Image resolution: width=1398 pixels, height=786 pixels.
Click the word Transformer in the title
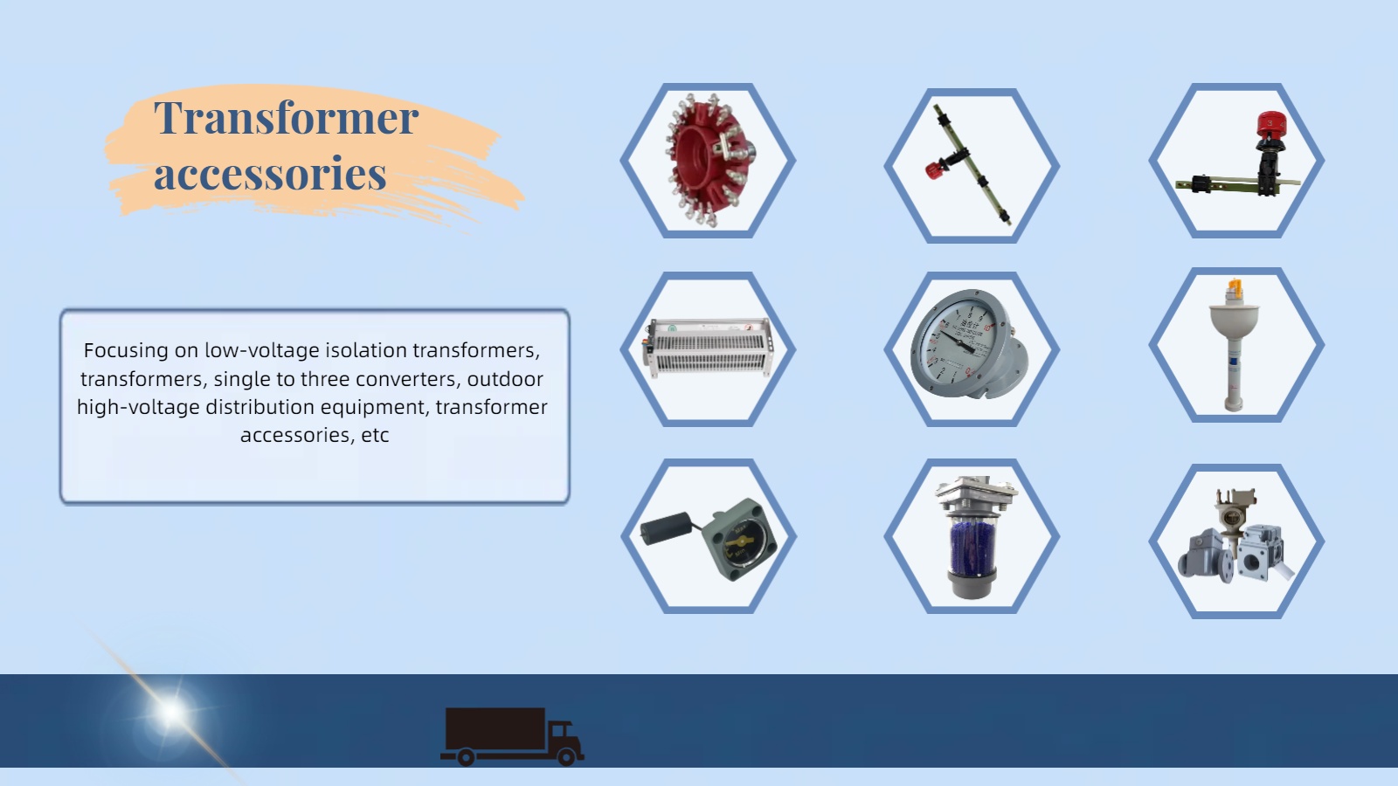(x=286, y=117)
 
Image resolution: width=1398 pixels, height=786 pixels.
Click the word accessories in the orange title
(x=270, y=172)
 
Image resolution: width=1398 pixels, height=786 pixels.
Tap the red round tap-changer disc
(x=709, y=159)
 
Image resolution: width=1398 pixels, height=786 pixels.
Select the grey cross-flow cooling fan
(x=709, y=348)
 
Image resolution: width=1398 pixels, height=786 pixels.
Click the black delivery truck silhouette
(x=512, y=736)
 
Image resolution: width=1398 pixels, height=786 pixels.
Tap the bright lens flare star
(x=171, y=712)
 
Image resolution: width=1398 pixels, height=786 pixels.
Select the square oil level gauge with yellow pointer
(x=739, y=540)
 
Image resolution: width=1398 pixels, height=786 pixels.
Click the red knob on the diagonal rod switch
(x=934, y=169)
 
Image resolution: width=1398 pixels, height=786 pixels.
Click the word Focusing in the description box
(x=126, y=350)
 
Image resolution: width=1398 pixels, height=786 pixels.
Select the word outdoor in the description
(x=505, y=379)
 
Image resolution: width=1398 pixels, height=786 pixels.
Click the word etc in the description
(x=375, y=435)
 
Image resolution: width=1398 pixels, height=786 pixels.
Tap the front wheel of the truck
(x=566, y=756)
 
